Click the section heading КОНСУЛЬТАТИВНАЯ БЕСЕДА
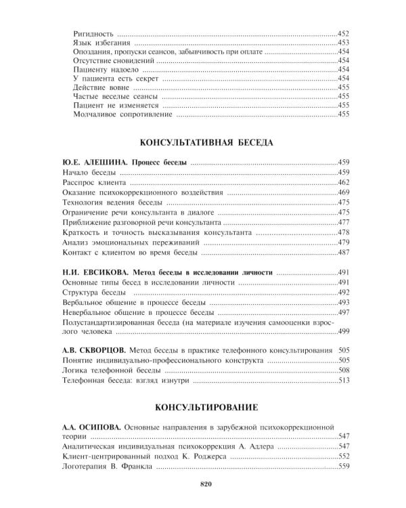pos(206,143)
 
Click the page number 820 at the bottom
pos(207,483)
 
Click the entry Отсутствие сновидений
pos(113,60)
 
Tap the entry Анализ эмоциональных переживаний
pos(129,242)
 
